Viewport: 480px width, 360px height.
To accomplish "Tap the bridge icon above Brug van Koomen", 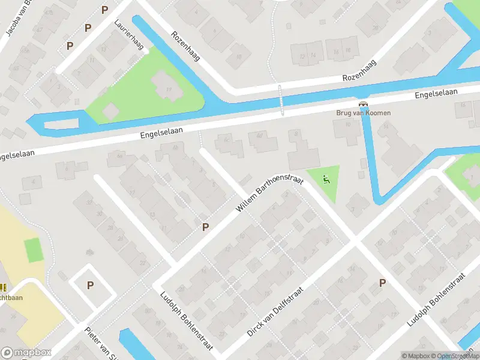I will [x=362, y=104].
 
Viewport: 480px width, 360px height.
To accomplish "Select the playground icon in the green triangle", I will [x=326, y=178].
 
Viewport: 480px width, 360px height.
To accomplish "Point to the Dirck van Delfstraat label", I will [x=275, y=311].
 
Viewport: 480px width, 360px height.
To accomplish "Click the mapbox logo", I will [x=26, y=352].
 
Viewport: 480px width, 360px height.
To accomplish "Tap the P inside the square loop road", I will [x=90, y=286].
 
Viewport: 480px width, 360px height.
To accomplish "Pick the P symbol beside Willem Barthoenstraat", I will [x=206, y=227].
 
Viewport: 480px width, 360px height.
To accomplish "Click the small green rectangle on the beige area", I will [x=34, y=250].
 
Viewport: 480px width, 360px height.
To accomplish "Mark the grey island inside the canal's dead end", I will [x=61, y=124].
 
